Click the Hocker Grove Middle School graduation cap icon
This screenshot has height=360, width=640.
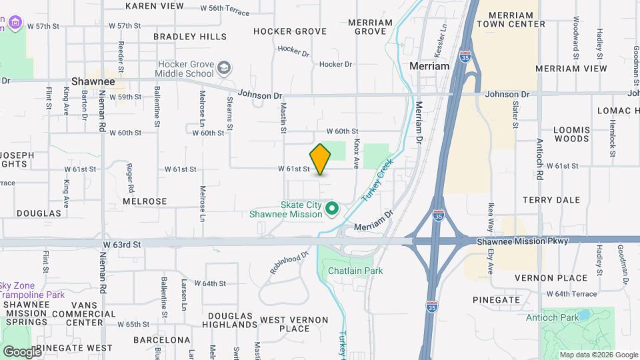(225, 67)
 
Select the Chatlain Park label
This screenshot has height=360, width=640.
(355, 271)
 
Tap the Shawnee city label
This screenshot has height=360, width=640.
(93, 81)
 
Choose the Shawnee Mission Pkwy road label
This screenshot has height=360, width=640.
(522, 241)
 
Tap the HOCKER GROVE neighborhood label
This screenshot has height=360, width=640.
(290, 31)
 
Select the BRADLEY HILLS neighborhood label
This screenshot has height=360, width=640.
(189, 37)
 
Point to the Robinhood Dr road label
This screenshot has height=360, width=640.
(290, 263)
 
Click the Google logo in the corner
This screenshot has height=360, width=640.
(22, 351)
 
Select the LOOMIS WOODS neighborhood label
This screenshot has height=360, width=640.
(571, 134)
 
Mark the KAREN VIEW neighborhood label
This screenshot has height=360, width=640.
(154, 6)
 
